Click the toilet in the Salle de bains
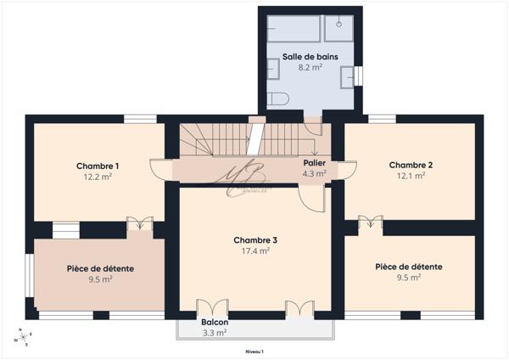[277, 99]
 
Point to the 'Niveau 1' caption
[255, 351]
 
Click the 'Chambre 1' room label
[98, 166]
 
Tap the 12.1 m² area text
[411, 177]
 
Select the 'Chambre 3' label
[255, 240]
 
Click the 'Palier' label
[314, 162]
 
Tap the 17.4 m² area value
[255, 251]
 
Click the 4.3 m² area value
[314, 173]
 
